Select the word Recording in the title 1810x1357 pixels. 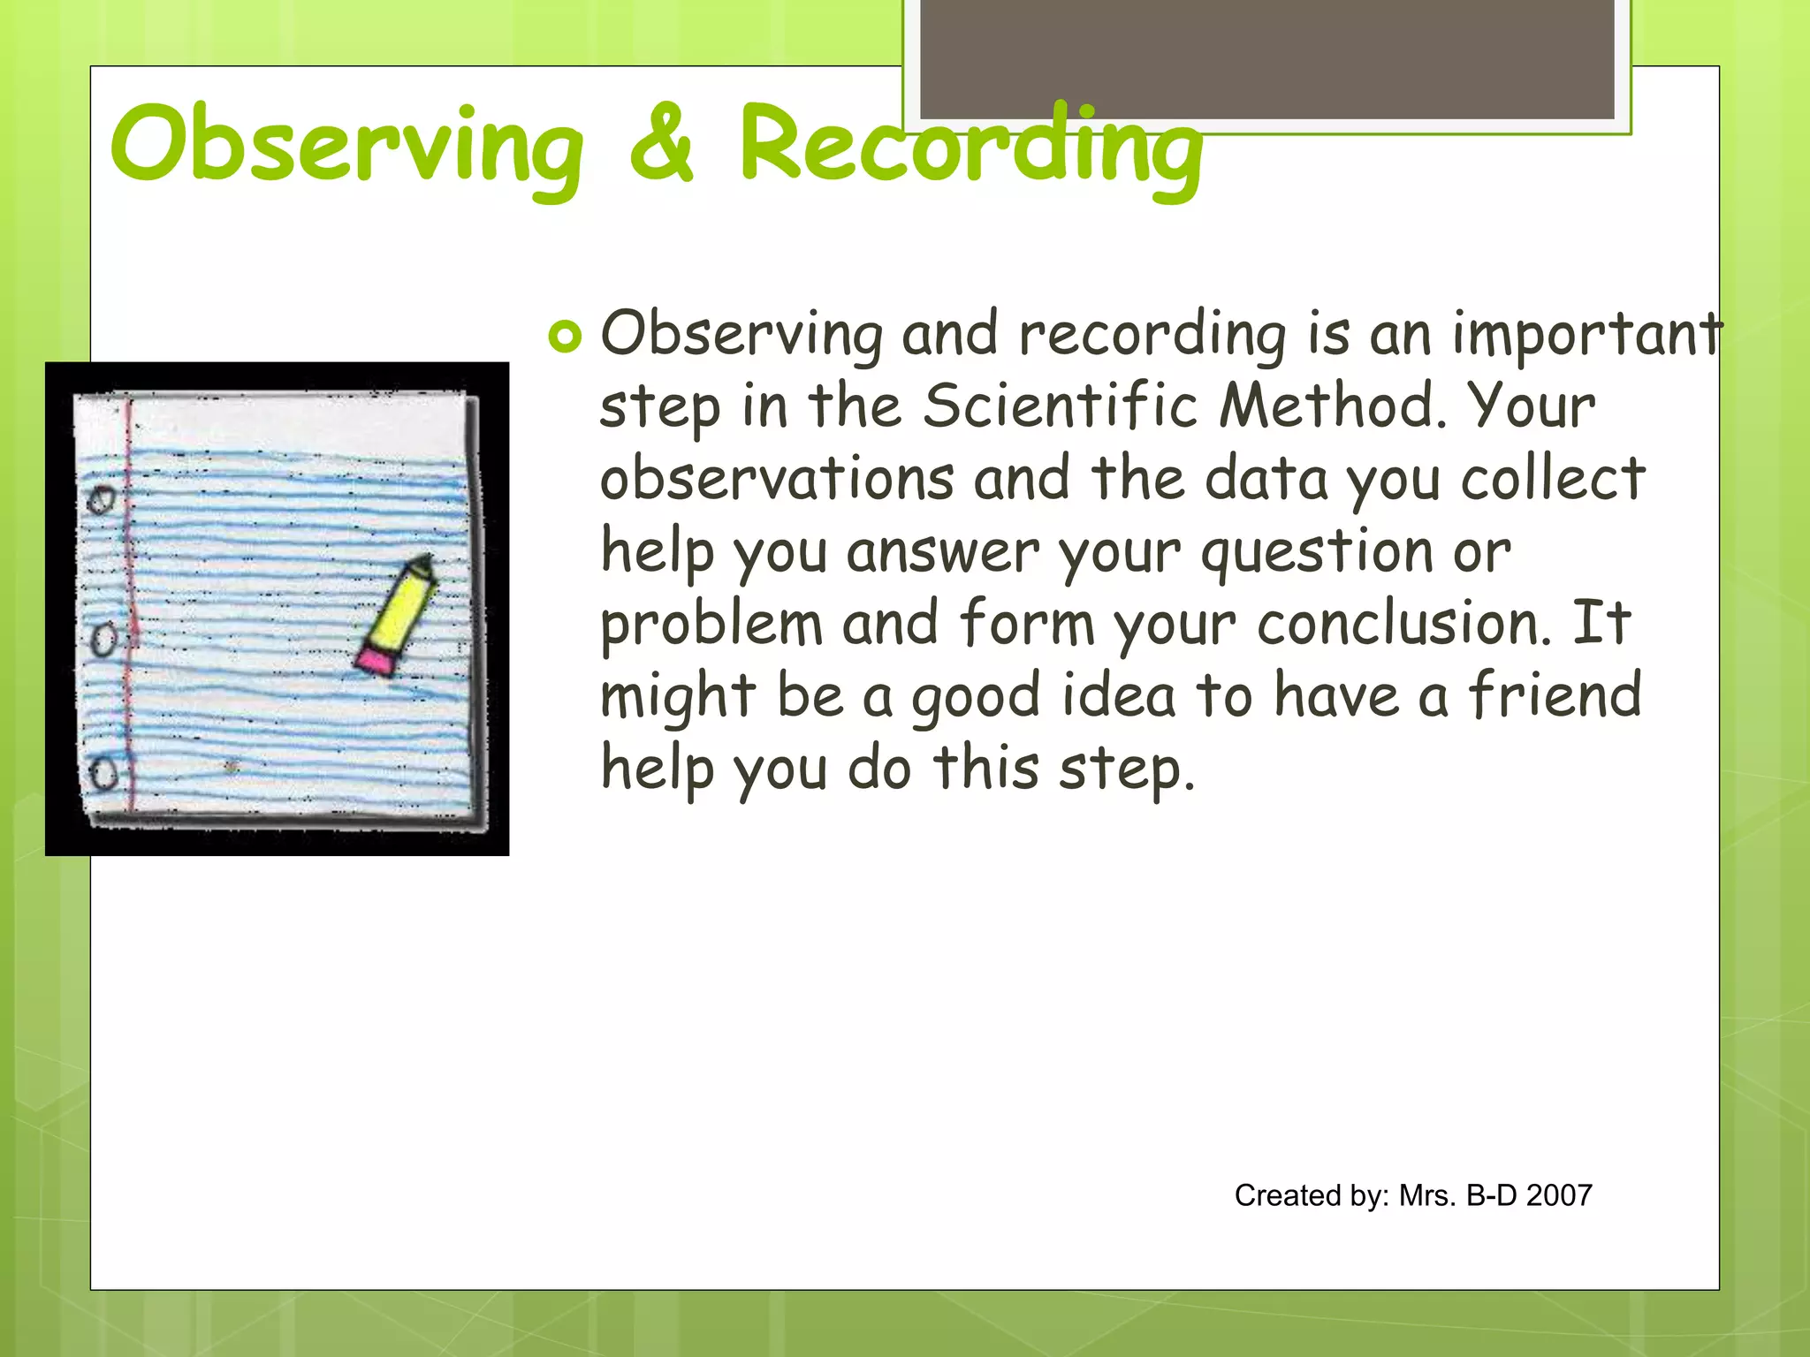(x=970, y=146)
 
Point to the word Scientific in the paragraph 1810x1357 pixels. (x=1060, y=406)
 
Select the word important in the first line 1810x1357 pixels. (x=1587, y=334)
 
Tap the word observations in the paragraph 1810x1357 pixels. (x=777, y=479)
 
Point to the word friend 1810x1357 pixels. (x=1555, y=695)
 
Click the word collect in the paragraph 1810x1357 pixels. (x=1552, y=479)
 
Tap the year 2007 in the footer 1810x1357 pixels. (x=1559, y=1195)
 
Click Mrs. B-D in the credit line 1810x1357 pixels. (x=1457, y=1195)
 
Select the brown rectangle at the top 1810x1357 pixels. (x=1266, y=58)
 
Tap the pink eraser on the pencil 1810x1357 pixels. (x=377, y=661)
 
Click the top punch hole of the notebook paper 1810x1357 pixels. (x=101, y=500)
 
